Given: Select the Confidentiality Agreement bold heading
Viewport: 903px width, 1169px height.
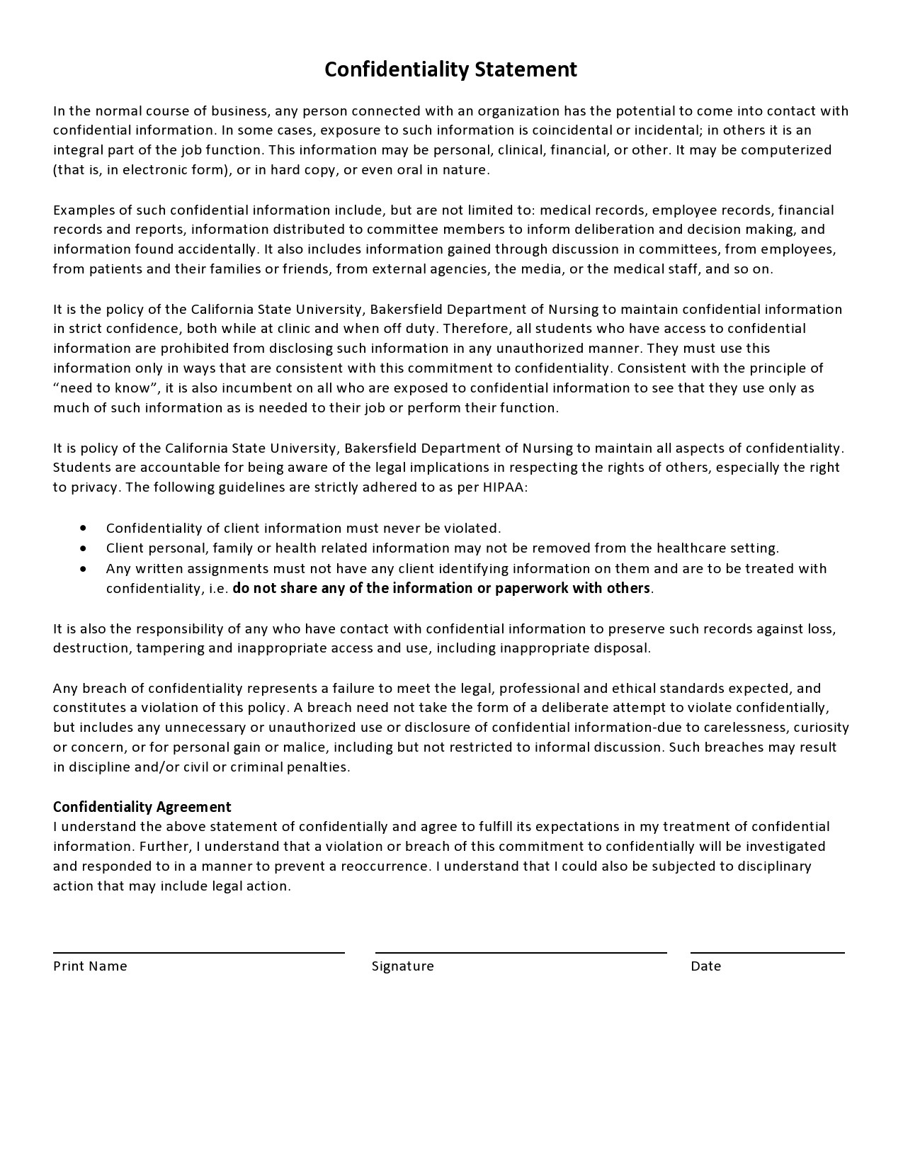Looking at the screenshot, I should coord(142,806).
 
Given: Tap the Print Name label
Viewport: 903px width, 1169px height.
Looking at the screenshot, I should coord(90,966).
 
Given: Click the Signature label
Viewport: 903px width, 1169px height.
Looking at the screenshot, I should coord(402,966).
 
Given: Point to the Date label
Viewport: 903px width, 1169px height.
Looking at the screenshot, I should coord(705,966).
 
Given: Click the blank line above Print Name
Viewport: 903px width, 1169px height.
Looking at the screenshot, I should coord(198,952).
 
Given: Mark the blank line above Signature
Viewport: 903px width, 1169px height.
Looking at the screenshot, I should coord(521,952).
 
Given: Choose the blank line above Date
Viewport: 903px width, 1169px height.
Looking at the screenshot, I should coord(767,952).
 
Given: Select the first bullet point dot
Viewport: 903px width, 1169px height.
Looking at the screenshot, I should coord(84,528).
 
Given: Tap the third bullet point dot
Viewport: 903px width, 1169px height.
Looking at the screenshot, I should coord(84,568).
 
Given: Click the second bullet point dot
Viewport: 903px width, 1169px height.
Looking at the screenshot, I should coord(84,548).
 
